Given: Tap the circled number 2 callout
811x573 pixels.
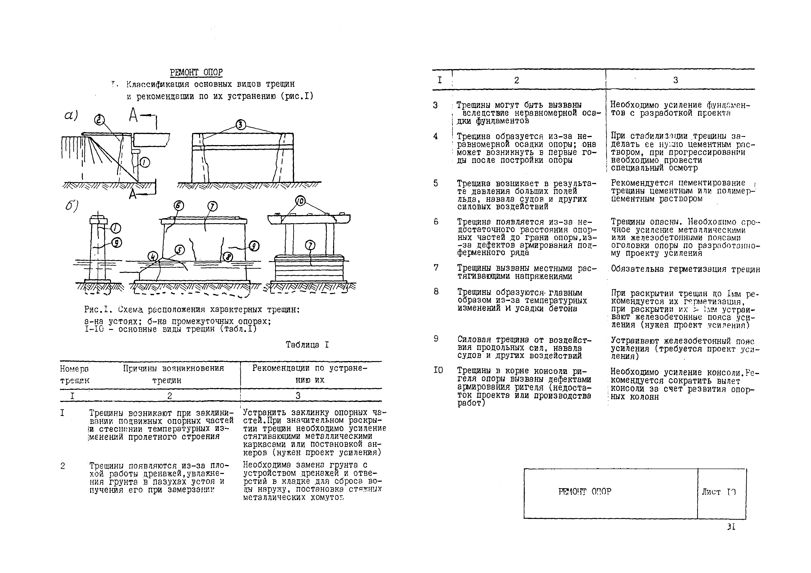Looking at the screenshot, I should [99, 120].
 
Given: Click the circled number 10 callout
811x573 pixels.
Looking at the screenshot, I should [300, 201].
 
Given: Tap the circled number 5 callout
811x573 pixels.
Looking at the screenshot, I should [179, 250].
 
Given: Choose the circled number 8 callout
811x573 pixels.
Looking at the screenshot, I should [228, 257].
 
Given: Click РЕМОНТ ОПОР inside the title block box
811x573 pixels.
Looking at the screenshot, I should [585, 491].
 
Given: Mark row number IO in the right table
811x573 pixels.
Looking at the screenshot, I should [438, 370].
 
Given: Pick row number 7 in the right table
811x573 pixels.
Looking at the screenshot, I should [436, 268].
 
